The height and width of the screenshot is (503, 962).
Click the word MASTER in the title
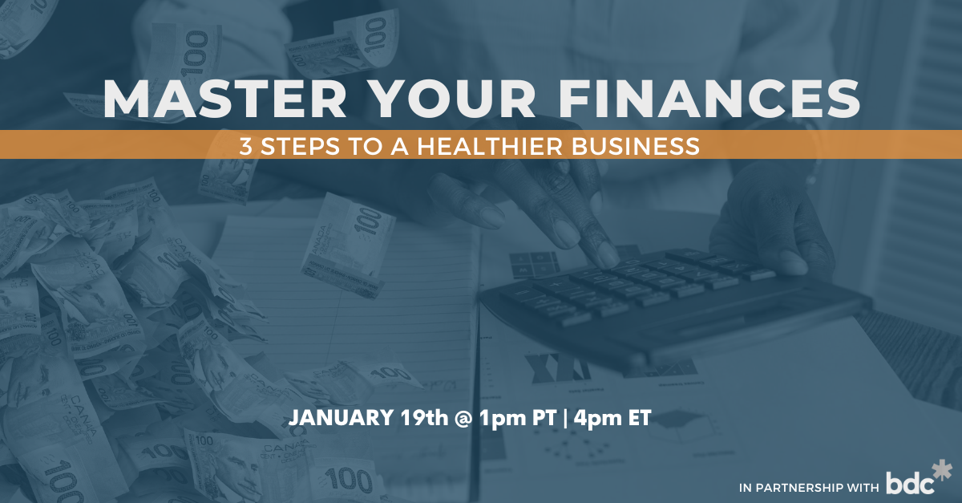pos(224,99)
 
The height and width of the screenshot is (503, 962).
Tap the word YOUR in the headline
pos(454,99)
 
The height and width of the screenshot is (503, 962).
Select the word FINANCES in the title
pos(709,99)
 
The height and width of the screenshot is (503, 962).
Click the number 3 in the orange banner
pos(245,146)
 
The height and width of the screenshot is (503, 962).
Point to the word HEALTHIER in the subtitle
pos(490,146)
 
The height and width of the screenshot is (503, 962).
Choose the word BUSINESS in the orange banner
pos(635,146)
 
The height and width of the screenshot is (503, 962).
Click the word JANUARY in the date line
pos(341,417)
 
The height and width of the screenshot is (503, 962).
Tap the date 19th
pos(424,417)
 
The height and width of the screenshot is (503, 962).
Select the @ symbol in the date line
pos(463,418)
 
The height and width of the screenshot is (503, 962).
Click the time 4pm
pos(597,419)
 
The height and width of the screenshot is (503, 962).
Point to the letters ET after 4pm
pos(640,417)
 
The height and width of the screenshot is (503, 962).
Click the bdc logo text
pos(910,482)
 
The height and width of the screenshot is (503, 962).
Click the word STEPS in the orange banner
pos(300,146)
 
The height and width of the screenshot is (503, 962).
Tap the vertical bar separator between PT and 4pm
pos(564,418)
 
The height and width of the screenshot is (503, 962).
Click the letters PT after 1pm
pos(544,417)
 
